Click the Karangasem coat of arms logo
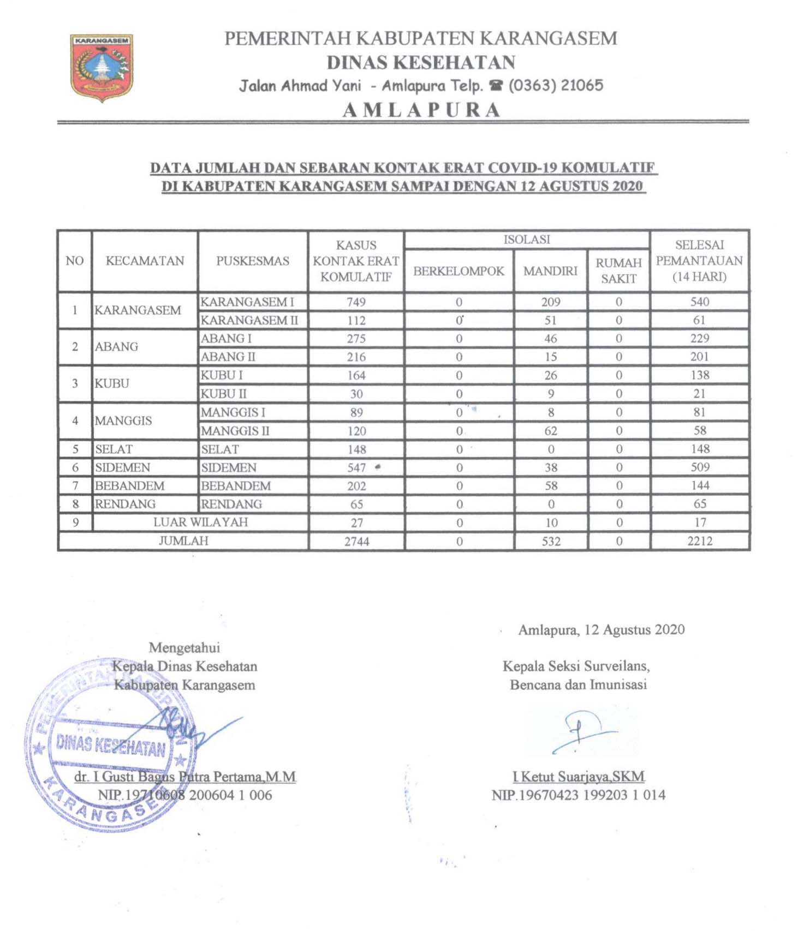pos(101,68)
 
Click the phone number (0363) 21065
pos(556,86)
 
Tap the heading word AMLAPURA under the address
pos(421,110)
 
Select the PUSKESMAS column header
pos(252,261)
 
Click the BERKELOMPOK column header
pos(458,271)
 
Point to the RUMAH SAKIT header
pos(618,271)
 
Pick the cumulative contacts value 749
pos(356,302)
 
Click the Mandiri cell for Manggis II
pos(551,431)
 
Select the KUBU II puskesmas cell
pos(224,394)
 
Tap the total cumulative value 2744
pos(356,542)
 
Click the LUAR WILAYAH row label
pos(200,522)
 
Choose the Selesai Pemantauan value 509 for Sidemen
pos(700,467)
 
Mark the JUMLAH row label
pos(183,541)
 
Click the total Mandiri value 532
pos(551,542)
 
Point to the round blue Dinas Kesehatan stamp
pos(109,747)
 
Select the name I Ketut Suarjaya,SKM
pos(579,777)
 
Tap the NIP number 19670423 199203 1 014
pos(579,795)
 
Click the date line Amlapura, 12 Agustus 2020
pos(601,630)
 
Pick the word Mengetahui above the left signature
pos(184,648)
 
